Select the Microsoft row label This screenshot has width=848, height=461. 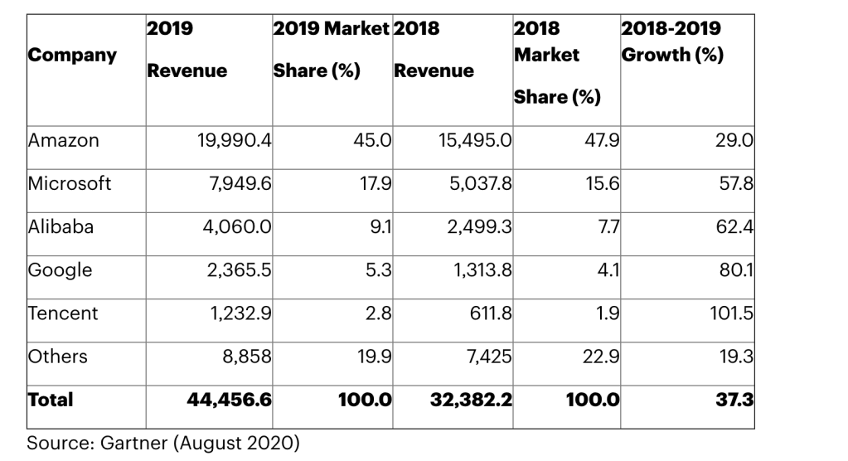pyautogui.click(x=70, y=184)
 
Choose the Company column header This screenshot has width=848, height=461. pyautogui.click(x=72, y=56)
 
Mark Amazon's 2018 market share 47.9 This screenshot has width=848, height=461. pyautogui.click(x=602, y=141)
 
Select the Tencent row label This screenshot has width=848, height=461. pyautogui.click(x=63, y=313)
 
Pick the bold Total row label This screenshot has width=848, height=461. pyautogui.click(x=51, y=400)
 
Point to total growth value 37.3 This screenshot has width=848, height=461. pyautogui.click(x=734, y=400)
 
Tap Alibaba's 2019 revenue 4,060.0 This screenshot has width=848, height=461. pyautogui.click(x=237, y=227)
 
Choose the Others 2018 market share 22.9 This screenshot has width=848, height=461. pyautogui.click(x=601, y=357)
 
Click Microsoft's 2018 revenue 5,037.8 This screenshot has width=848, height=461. pyautogui.click(x=479, y=184)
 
